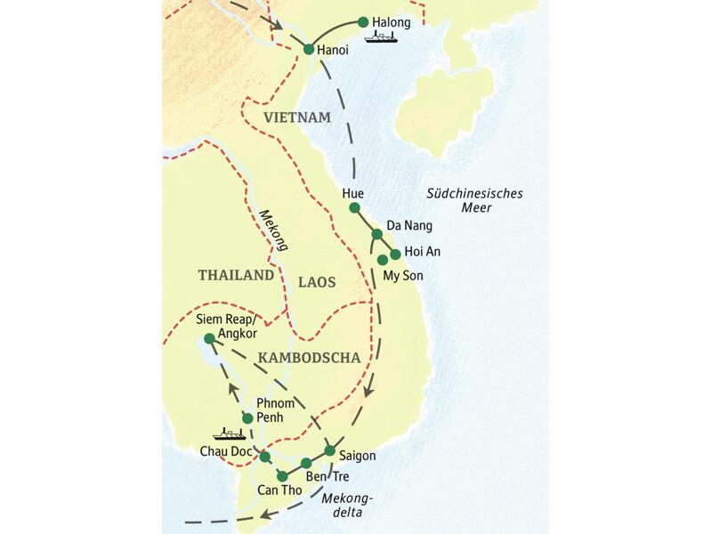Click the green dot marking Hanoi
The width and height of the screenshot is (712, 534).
coord(309,50)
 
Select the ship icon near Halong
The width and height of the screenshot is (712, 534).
coord(381,37)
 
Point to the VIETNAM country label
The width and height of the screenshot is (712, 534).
coord(297,117)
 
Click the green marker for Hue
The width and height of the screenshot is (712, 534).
coord(354,208)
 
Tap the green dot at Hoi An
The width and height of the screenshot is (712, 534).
coord(395,254)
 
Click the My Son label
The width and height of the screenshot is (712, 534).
coord(402,276)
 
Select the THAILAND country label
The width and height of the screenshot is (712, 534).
coord(235,276)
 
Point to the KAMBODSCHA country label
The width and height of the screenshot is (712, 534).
coord(309,358)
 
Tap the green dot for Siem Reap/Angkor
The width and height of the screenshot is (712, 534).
coord(208,338)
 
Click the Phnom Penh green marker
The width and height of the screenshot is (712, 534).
coord(247,418)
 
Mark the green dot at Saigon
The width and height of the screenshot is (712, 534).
coord(330,450)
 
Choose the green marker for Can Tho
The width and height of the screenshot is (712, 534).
coord(282,475)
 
